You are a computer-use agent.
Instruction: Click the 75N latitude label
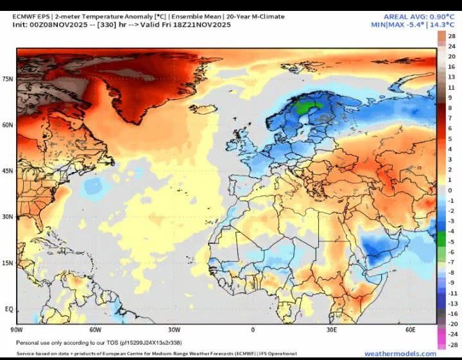pos(8,79)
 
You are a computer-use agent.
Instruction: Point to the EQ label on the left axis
pos(9,309)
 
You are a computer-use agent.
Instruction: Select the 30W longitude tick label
pos(174,330)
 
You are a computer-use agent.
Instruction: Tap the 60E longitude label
pos(411,330)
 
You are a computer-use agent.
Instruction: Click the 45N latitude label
pos(8,171)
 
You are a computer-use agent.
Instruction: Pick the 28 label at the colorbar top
pos(451,37)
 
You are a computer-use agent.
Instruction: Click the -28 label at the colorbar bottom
pos(451,345)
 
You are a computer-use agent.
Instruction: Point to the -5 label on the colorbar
pos(450,242)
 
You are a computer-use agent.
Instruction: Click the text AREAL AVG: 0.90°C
pos(409,17)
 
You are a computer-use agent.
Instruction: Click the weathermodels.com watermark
pos(400,354)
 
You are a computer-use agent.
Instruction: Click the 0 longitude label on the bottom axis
pos(252,330)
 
